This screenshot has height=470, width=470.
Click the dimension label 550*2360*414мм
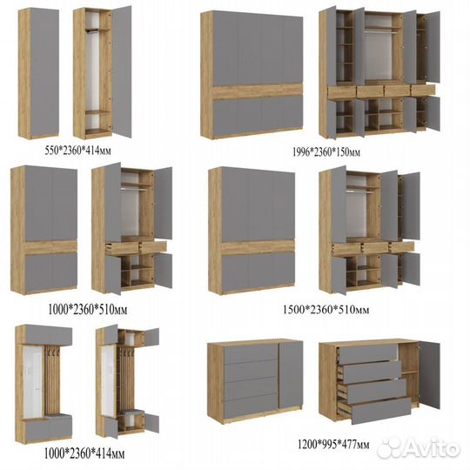pos(78,151)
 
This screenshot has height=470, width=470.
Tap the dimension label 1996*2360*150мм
pos(326,152)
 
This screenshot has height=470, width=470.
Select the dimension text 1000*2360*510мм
pos(88,310)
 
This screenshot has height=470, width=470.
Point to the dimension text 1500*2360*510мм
pos(326,309)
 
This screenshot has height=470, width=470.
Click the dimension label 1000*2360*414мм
pos(84,453)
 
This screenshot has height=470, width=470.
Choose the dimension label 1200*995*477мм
pos(333,444)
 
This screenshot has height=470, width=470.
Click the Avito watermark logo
pos(419,448)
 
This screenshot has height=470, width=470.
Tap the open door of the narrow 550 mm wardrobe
pos(121,71)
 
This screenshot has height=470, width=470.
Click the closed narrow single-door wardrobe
pos(38,73)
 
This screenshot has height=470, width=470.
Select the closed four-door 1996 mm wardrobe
pos(252,75)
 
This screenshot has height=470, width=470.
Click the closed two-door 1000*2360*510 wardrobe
pos(44,230)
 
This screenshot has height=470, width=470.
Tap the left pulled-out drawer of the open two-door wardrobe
pos(123,248)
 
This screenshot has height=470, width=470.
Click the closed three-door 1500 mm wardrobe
pos(252,231)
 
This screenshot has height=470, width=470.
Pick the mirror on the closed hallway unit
pos(33,381)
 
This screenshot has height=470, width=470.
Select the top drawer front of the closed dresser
pos(252,354)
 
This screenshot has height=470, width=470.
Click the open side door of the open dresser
pos(429,374)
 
